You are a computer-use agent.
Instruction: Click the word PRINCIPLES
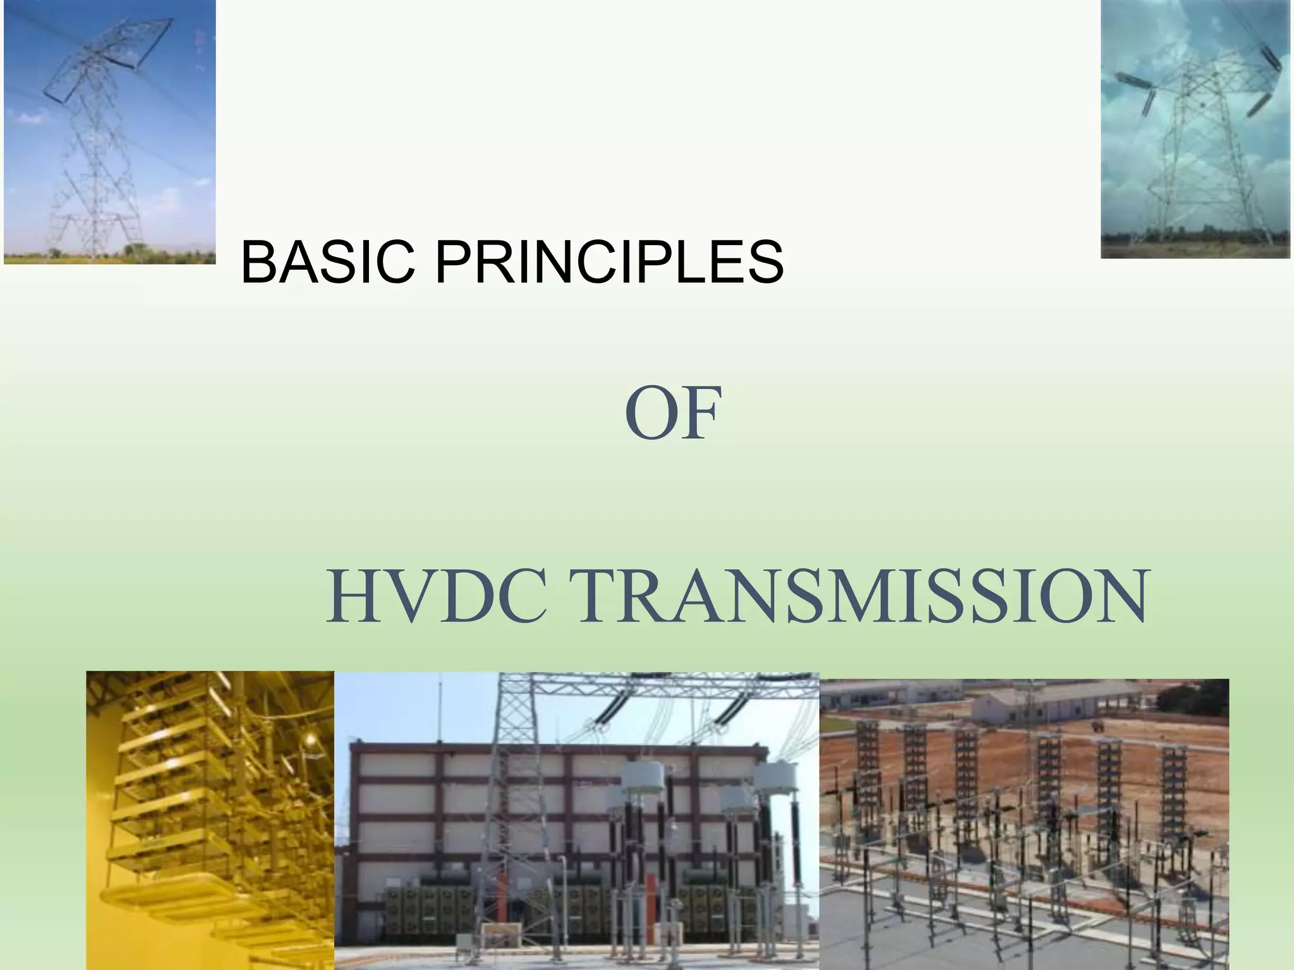609,262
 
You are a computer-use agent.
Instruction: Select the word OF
673,414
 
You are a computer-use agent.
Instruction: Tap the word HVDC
437,597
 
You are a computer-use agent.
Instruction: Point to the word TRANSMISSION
863,597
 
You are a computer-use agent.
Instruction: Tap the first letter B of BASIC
259,262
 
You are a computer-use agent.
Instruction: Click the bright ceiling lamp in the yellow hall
310,739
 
